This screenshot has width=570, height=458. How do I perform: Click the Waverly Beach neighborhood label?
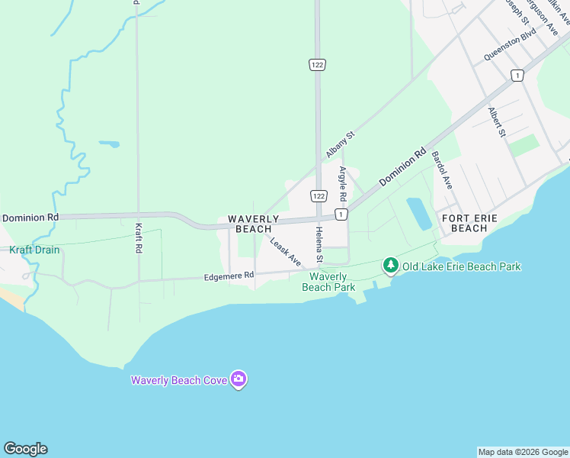click(x=254, y=224)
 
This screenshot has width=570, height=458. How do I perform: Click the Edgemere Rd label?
click(x=229, y=277)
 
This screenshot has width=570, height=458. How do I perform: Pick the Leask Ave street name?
click(x=285, y=251)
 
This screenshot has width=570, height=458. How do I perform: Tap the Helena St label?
click(x=320, y=244)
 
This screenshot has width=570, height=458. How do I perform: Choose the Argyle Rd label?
click(x=343, y=184)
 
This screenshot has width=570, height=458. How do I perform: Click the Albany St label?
click(x=341, y=144)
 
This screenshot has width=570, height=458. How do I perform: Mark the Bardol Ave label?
click(x=442, y=169)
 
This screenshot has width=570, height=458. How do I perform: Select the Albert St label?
click(x=498, y=122)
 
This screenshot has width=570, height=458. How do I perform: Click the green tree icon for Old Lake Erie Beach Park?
click(x=391, y=266)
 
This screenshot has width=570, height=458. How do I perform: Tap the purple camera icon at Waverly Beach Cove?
click(x=239, y=379)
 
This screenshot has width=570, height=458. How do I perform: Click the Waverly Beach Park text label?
click(x=328, y=282)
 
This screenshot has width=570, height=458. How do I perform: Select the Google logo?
click(x=25, y=449)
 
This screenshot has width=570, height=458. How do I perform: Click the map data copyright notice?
click(x=523, y=452)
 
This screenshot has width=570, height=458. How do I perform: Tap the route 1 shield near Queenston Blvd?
click(x=517, y=75)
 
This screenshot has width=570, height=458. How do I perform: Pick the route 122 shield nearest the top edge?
click(x=318, y=65)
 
